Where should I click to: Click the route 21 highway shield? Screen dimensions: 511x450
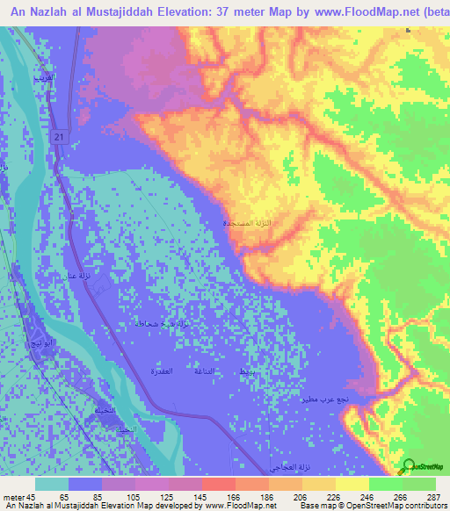coord(57,138)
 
